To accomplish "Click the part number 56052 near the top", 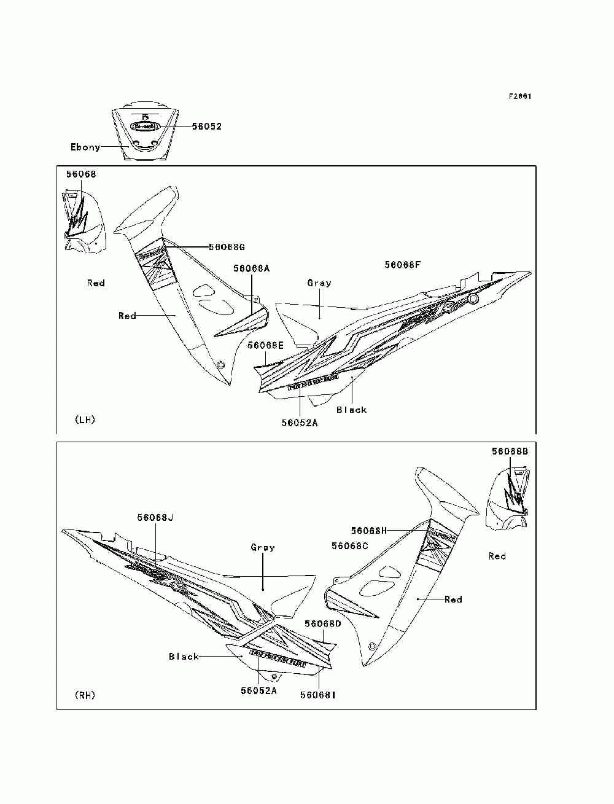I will point(206,127).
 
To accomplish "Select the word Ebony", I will point(85,147).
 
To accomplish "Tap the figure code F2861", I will point(519,96).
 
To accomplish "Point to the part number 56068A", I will point(251,268).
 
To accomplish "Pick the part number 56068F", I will point(403,265).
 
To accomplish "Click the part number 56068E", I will point(266,346).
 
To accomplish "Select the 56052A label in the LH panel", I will point(300,423).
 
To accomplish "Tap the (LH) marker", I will point(85,420).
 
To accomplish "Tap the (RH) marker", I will point(85,695).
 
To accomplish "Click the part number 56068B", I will point(510,451).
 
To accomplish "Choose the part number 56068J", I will point(155,518).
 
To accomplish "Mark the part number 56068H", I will point(369,531).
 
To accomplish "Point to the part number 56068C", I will point(349,546).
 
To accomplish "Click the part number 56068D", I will point(322,623).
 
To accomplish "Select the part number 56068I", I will point(318,695).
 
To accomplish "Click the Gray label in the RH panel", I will point(263,547).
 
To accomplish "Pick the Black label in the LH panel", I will point(351,410).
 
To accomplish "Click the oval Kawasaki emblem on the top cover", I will point(146,126).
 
